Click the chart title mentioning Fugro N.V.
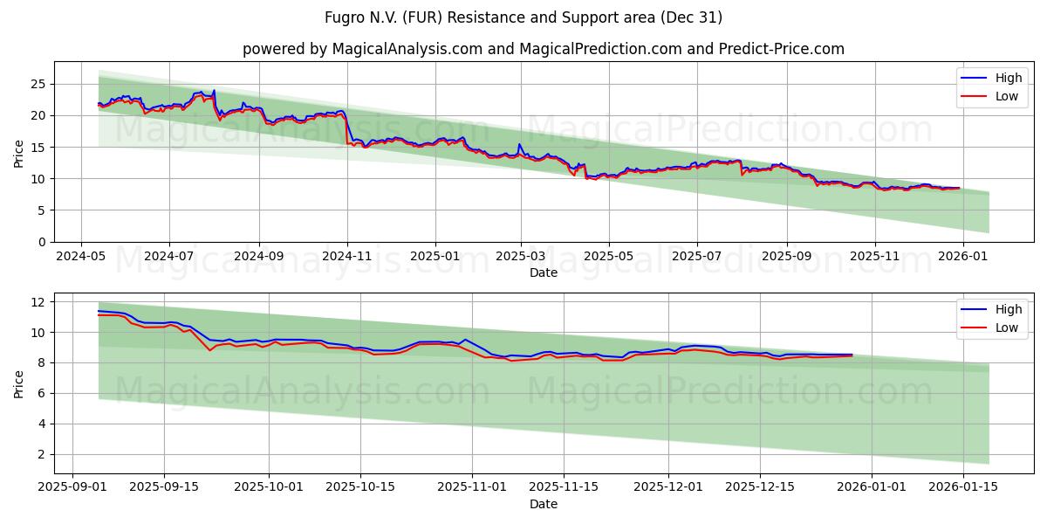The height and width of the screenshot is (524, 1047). [x=523, y=17]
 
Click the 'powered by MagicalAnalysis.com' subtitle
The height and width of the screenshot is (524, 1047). [x=543, y=49]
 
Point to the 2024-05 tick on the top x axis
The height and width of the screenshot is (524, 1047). [x=81, y=257]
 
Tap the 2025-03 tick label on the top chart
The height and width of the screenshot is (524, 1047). [x=521, y=257]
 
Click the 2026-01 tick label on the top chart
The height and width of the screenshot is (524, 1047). [x=962, y=257]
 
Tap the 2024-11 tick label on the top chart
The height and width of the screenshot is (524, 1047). [x=347, y=257]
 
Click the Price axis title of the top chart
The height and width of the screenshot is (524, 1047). [x=19, y=152]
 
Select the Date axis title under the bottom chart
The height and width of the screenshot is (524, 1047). [x=543, y=504]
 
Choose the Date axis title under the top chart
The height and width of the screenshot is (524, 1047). [x=543, y=272]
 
